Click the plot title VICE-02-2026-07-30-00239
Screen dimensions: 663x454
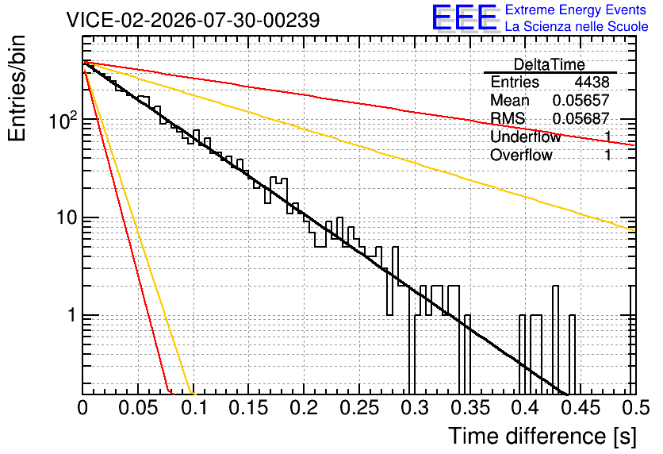[193, 20]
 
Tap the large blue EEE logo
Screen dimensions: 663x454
[464, 17]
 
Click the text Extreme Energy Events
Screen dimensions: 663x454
[576, 10]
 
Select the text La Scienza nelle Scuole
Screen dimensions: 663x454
[577, 26]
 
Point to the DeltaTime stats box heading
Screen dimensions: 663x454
[549, 64]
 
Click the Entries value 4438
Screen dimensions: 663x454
[592, 82]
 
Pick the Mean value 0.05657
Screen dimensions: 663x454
[581, 100]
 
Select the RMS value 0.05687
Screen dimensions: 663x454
[581, 118]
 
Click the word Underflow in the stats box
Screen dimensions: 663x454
[526, 137]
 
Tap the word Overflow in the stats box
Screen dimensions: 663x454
[521, 155]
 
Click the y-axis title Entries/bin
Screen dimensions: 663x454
[17, 88]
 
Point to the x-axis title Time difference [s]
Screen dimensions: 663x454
[542, 436]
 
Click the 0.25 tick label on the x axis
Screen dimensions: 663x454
[359, 407]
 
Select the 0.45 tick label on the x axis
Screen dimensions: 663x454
[581, 407]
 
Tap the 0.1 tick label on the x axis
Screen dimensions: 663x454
[194, 407]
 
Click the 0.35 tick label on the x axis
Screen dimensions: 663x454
[470, 407]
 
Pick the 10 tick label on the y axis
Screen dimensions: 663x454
[66, 217]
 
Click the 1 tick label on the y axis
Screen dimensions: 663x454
[71, 315]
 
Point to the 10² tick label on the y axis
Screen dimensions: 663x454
[63, 120]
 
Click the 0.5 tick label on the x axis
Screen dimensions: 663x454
[635, 407]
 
